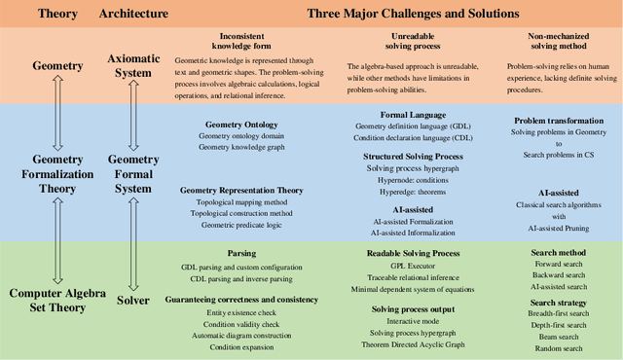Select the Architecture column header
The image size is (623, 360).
133,15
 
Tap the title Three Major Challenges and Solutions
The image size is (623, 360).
412,15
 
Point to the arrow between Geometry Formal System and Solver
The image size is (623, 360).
133,242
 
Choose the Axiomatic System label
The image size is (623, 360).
133,65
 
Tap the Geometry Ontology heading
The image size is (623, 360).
242,125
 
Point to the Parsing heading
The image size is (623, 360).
242,253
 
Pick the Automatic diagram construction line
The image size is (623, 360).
242,335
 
